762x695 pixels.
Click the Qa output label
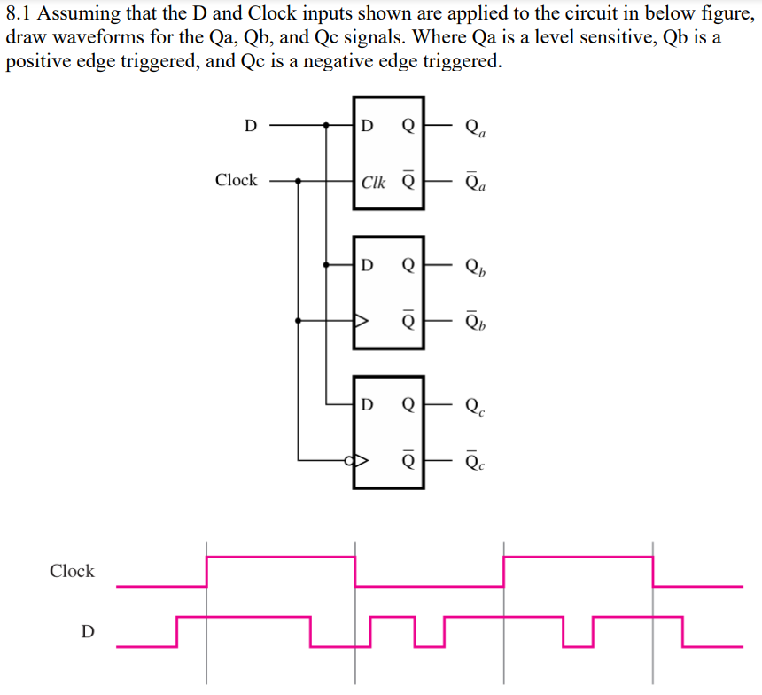pyautogui.click(x=475, y=128)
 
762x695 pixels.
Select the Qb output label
pyautogui.click(x=475, y=266)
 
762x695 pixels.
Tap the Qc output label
pyautogui.click(x=475, y=406)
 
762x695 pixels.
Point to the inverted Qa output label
pyautogui.click(x=475, y=182)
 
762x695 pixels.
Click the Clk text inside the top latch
pyautogui.click(x=374, y=183)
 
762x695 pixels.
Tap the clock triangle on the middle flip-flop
pyautogui.click(x=361, y=321)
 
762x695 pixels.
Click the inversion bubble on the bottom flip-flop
pyautogui.click(x=350, y=461)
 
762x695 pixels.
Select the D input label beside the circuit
pyautogui.click(x=251, y=126)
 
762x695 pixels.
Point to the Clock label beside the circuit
pyautogui.click(x=236, y=180)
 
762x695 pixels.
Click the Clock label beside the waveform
pyautogui.click(x=72, y=571)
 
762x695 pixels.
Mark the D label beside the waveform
pyautogui.click(x=86, y=631)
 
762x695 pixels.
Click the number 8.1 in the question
pyautogui.click(x=19, y=17)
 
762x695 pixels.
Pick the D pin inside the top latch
pyautogui.click(x=369, y=126)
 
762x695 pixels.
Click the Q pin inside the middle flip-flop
pyautogui.click(x=408, y=265)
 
